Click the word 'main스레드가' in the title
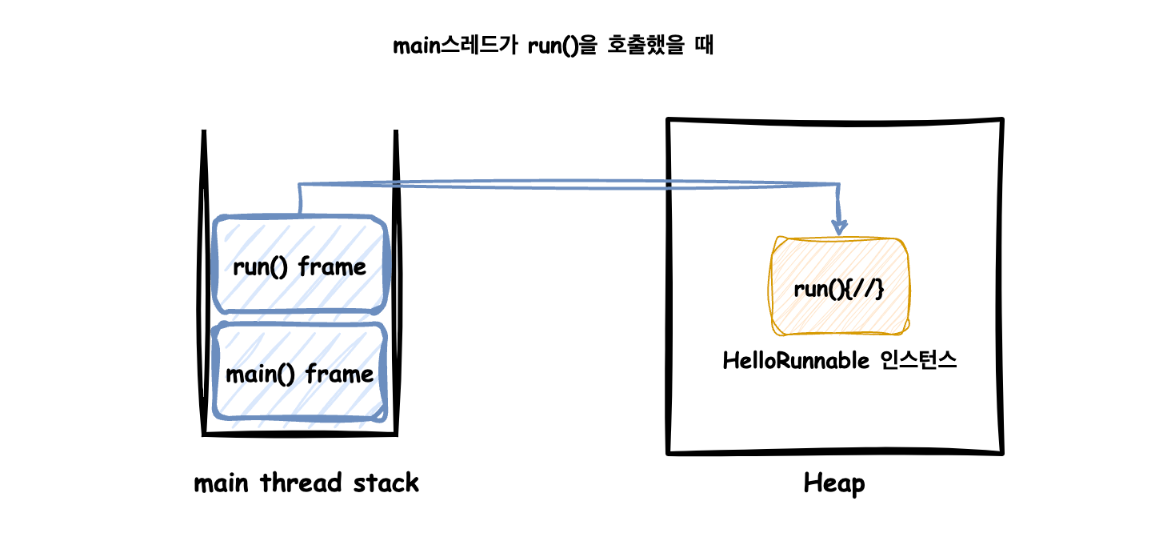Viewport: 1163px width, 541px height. point(455,46)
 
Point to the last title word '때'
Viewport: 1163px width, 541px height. point(704,46)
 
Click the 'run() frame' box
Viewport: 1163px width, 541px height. point(300,264)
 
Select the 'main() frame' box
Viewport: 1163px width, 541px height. point(300,371)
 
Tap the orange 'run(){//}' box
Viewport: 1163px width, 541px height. point(839,286)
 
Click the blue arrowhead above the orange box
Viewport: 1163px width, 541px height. point(839,227)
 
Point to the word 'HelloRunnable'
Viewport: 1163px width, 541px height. point(795,361)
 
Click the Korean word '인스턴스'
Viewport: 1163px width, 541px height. point(918,360)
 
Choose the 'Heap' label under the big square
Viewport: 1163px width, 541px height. point(833,483)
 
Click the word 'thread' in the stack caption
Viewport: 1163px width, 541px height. point(301,483)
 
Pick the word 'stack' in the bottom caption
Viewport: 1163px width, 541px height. point(386,483)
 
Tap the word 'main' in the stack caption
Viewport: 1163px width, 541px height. point(222,483)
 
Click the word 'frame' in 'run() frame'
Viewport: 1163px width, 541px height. point(332,267)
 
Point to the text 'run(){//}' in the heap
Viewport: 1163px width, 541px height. point(839,289)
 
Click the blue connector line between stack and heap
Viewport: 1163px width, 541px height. point(569,185)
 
